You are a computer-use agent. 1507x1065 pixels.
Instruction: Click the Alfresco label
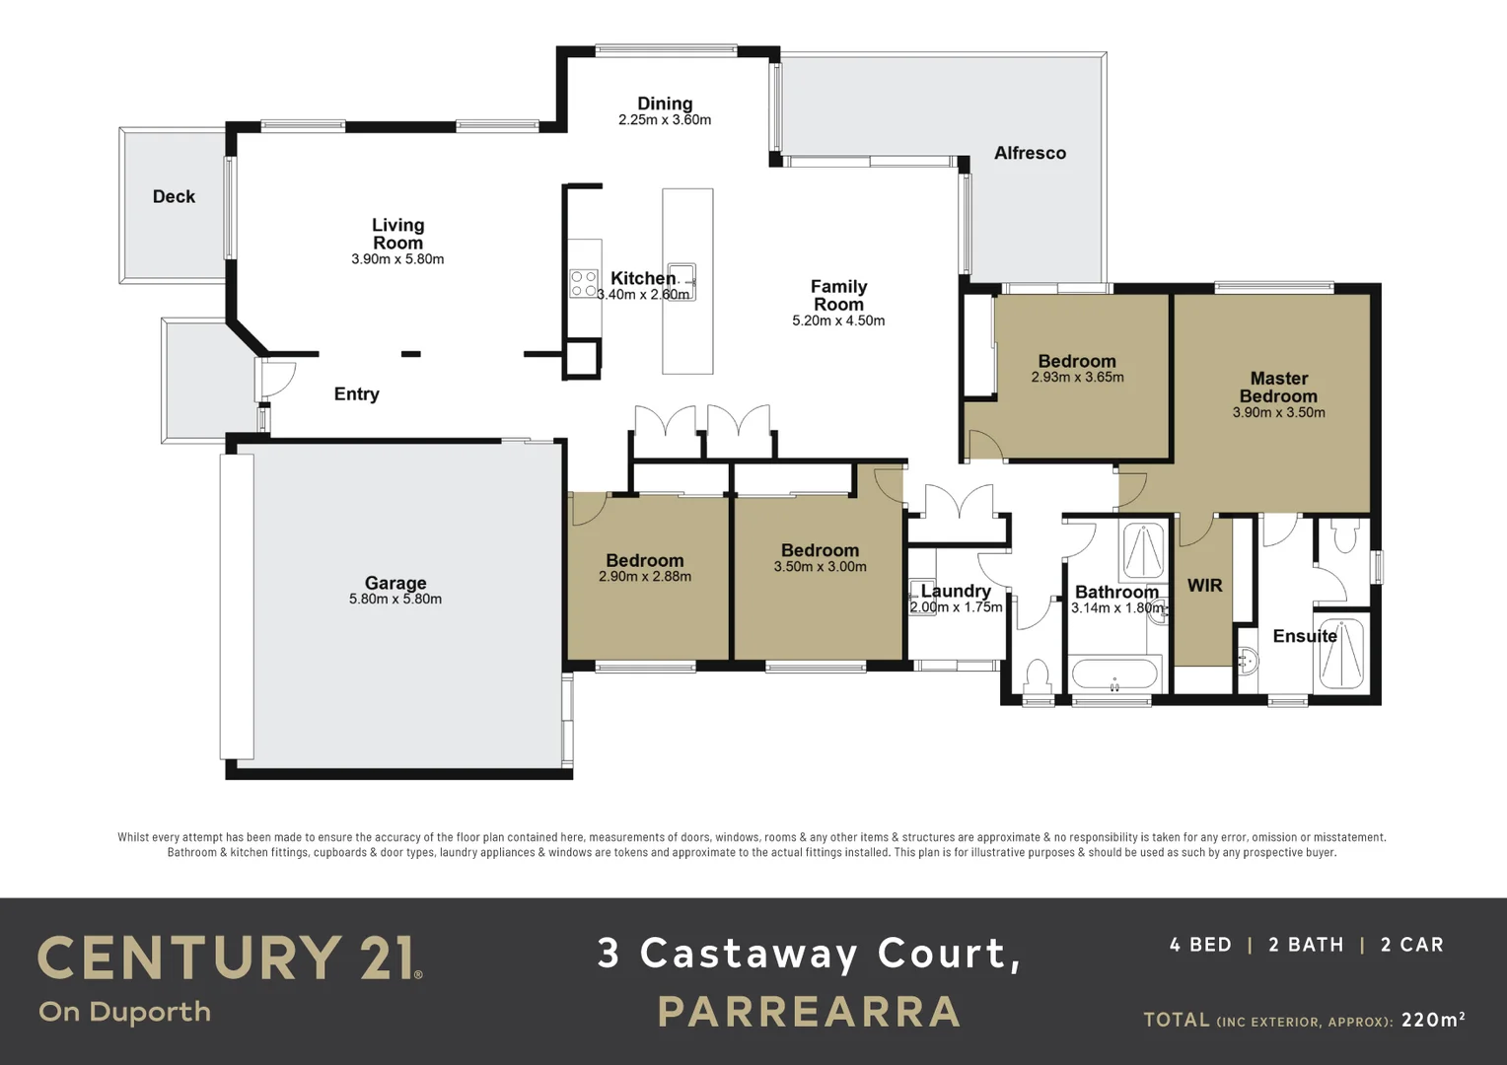(1030, 153)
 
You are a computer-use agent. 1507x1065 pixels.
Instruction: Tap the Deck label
(174, 196)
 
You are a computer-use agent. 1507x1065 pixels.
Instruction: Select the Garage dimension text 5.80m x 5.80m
(395, 599)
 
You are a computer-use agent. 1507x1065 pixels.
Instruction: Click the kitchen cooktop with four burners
(584, 284)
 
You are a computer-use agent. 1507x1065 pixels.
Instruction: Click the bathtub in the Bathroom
(1114, 675)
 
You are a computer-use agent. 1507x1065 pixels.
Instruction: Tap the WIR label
(1204, 585)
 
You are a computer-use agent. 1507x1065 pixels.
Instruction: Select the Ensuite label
(1304, 636)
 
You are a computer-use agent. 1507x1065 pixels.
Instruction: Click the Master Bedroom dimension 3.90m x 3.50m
(1278, 412)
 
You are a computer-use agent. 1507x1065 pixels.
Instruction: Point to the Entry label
(356, 393)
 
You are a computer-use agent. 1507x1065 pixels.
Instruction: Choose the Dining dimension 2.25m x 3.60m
(665, 120)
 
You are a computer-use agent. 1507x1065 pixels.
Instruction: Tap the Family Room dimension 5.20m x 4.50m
(838, 320)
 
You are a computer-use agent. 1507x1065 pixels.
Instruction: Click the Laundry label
(955, 591)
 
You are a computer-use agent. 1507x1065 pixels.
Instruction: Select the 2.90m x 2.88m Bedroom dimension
(645, 577)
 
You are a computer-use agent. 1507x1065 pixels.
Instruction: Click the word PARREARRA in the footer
(809, 1012)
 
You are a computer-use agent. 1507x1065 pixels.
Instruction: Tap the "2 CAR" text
(1411, 945)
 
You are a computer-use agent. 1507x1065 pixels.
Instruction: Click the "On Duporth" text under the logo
(124, 1012)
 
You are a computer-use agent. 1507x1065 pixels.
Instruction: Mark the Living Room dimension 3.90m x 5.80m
(397, 259)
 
